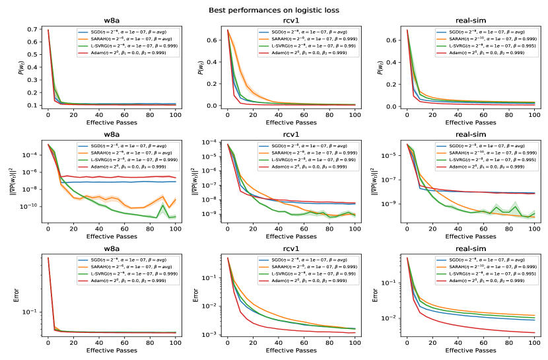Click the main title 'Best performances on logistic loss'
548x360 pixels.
(274, 11)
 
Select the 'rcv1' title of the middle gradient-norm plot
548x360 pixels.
(291, 134)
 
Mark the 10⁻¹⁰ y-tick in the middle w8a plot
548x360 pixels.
(32, 206)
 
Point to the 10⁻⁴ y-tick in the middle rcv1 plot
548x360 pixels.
(213, 142)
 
